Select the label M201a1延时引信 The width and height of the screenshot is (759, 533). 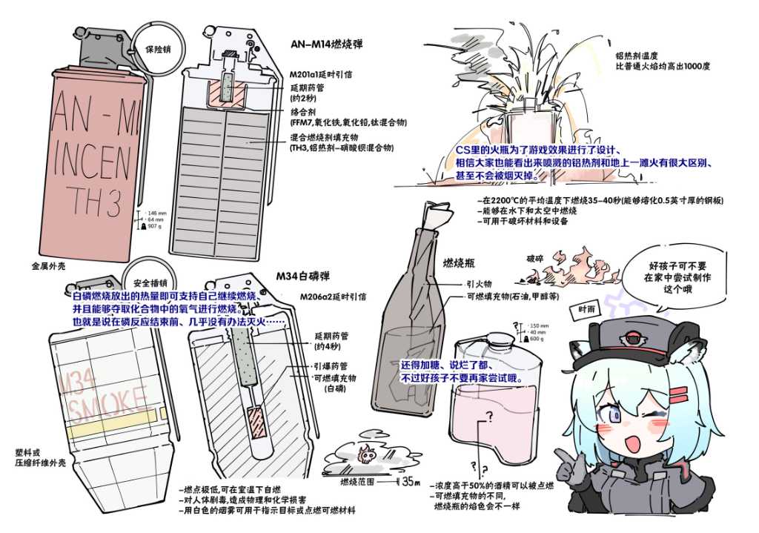point(320,74)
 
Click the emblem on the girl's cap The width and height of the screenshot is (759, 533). point(636,337)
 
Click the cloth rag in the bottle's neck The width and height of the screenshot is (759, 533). point(440,216)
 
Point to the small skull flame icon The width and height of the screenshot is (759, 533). point(364,451)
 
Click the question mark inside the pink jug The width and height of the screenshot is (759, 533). point(488,417)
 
